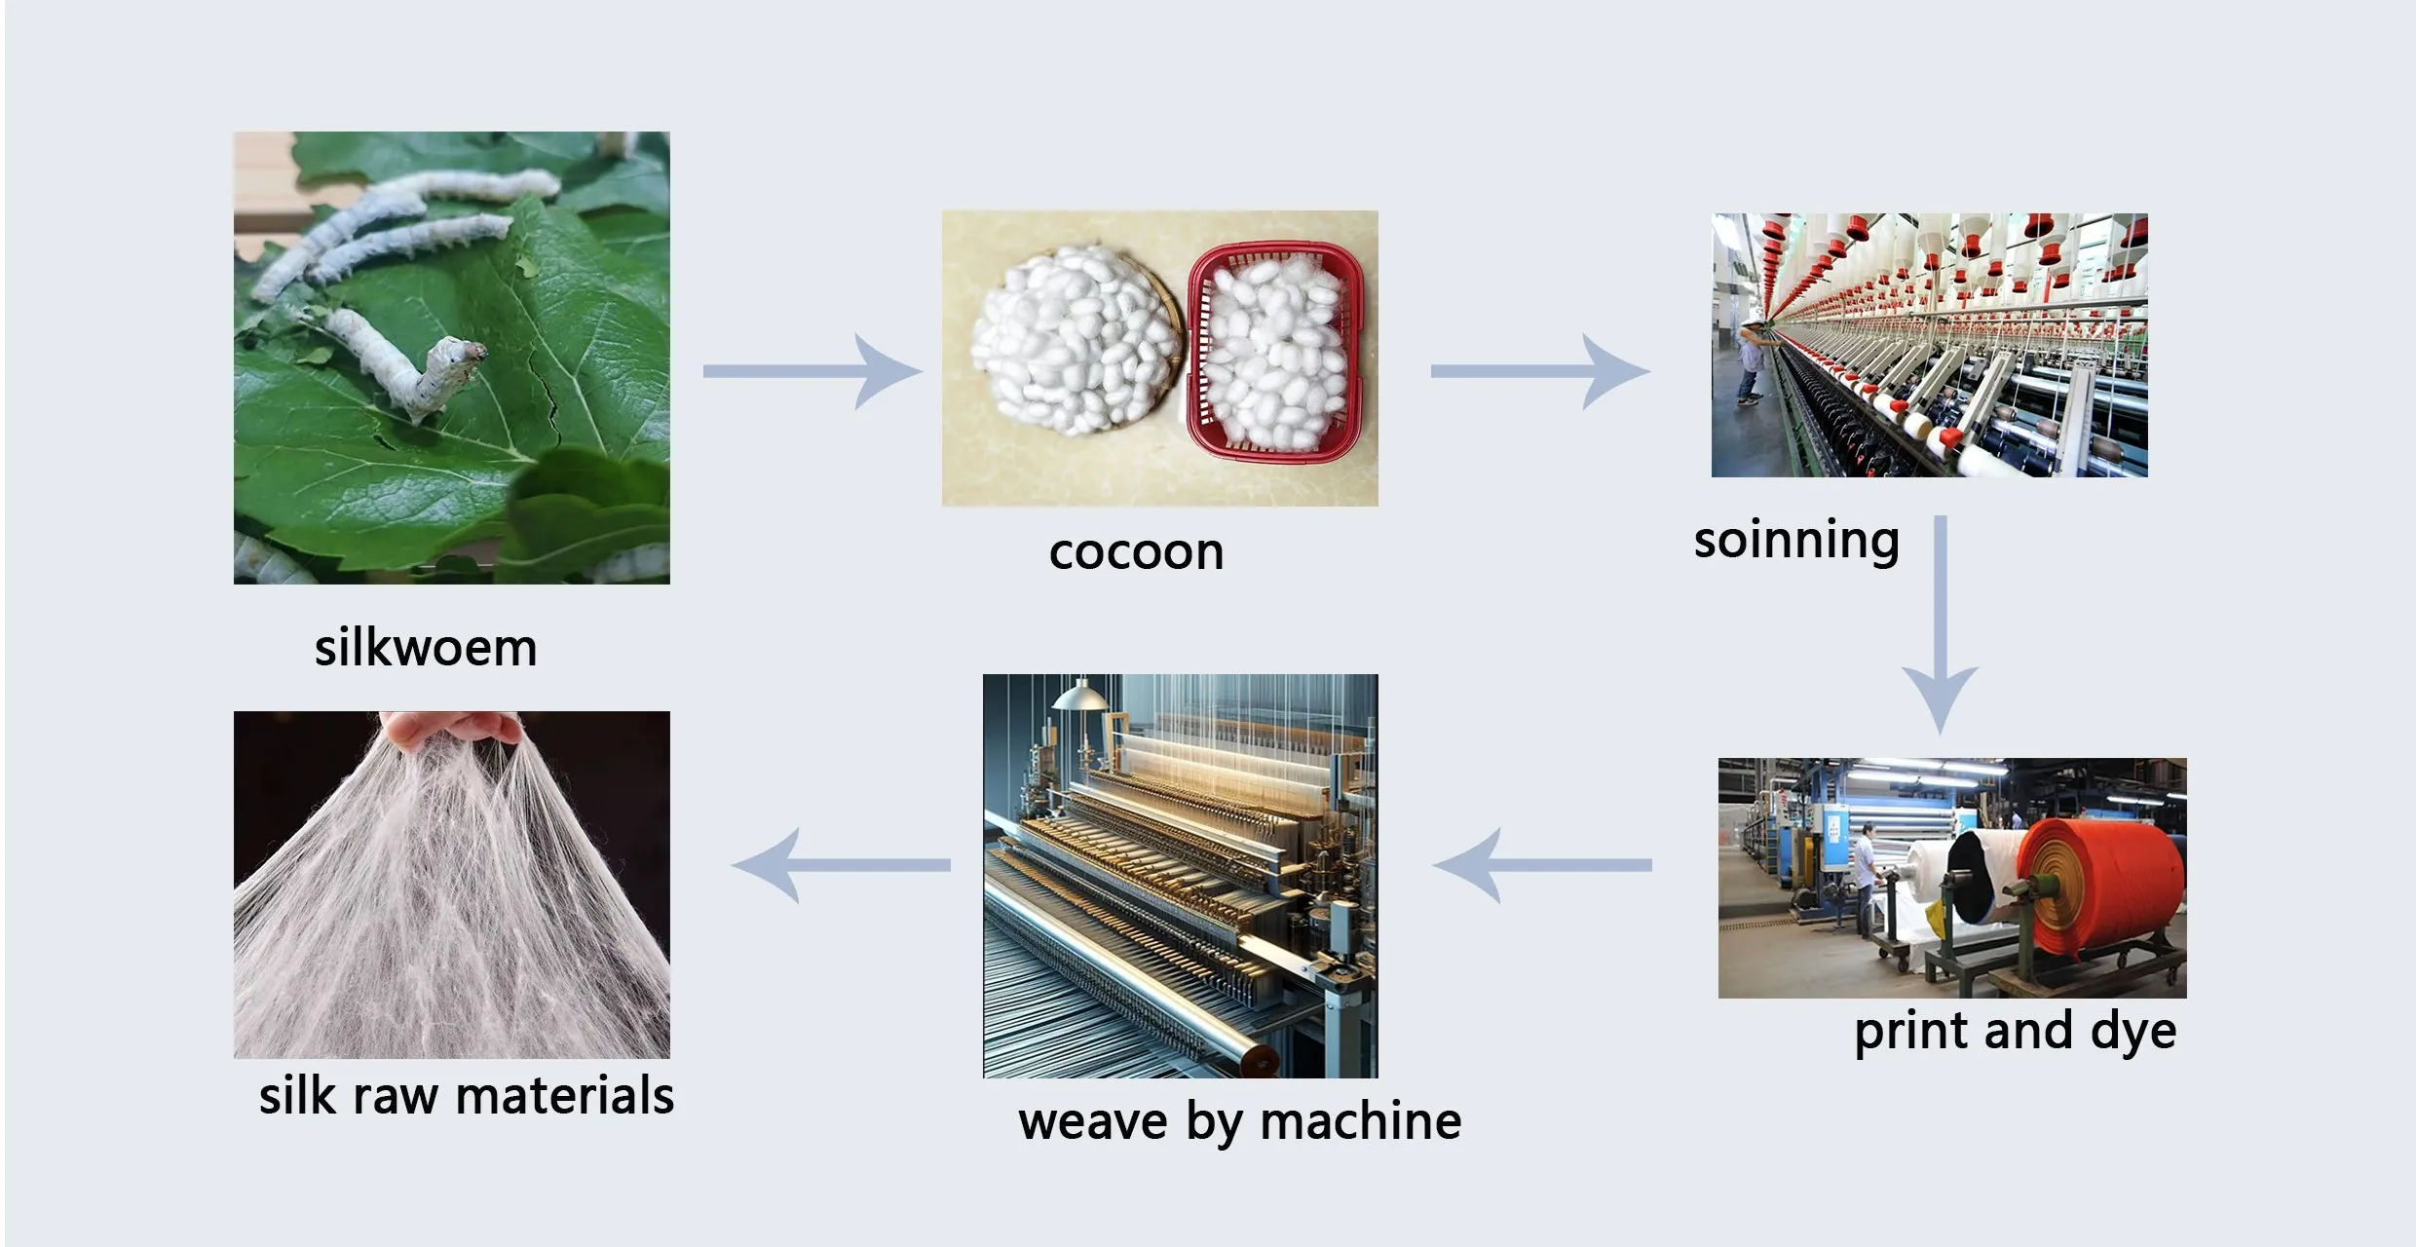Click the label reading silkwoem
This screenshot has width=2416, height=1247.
(x=426, y=648)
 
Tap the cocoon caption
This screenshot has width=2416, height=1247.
(x=1136, y=552)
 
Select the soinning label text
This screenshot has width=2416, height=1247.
(x=1796, y=541)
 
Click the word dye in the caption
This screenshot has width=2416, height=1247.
(x=2133, y=1032)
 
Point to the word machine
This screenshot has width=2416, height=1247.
(x=1361, y=1121)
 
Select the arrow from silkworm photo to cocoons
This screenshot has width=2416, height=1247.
(x=812, y=371)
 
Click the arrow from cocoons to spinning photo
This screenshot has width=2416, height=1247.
(x=1539, y=371)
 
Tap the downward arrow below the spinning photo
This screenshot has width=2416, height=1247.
(x=1941, y=624)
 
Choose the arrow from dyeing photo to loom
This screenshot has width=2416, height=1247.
(x=1542, y=865)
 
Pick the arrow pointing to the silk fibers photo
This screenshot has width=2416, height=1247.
(x=841, y=865)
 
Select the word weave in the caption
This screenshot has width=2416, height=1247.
(x=1093, y=1123)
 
